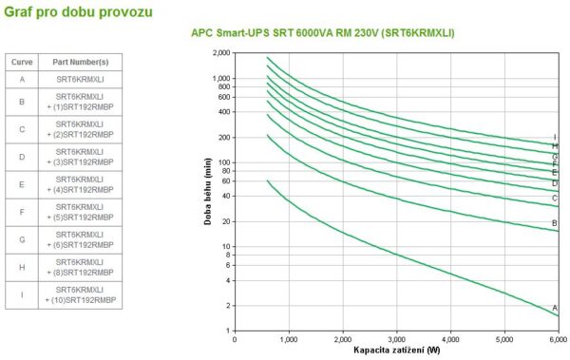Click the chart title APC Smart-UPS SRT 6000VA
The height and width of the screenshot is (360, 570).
click(323, 33)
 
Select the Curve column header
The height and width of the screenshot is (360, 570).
click(21, 61)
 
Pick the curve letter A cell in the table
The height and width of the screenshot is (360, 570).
click(21, 79)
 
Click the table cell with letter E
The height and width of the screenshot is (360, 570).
click(21, 183)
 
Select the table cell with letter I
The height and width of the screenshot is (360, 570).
click(21, 294)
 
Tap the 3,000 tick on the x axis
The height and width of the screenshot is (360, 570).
click(396, 338)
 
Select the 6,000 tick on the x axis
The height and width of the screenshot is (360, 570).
click(558, 338)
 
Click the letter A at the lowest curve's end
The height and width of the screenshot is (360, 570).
click(555, 307)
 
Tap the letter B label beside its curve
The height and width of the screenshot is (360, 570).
click(555, 223)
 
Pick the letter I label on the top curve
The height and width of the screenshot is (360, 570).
click(555, 138)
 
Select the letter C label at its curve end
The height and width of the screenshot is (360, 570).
click(555, 198)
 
